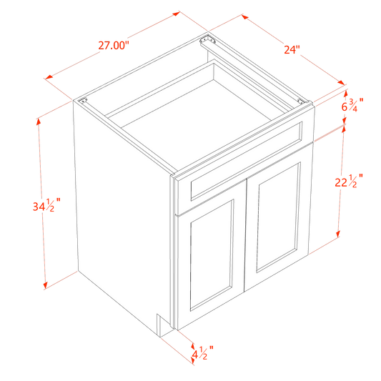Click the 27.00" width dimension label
tap(114, 46)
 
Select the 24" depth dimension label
tap(292, 49)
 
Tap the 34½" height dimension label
tap(46, 206)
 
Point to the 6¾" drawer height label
tap(352, 105)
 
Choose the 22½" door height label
tap(349, 181)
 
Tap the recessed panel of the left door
tap(211, 255)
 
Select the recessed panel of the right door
tap(278, 218)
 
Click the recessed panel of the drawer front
tap(246, 162)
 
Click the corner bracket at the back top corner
tap(207, 40)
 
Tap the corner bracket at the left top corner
tap(83, 100)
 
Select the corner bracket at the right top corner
tap(302, 102)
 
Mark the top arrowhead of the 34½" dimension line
tap(38, 122)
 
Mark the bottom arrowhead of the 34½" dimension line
tap(45, 286)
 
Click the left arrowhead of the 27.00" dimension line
tap(49, 77)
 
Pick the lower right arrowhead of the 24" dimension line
tap(341, 83)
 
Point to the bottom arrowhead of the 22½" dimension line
tap(337, 234)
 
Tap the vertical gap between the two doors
tap(245, 235)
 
